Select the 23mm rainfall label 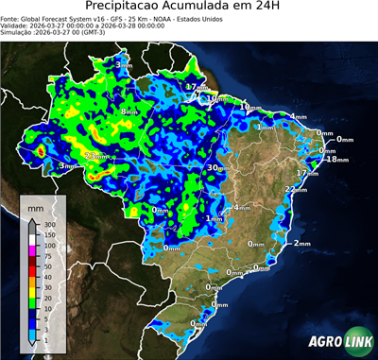(96, 156)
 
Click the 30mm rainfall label (216, 167)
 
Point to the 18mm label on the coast (336, 161)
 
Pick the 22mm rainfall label (296, 190)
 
